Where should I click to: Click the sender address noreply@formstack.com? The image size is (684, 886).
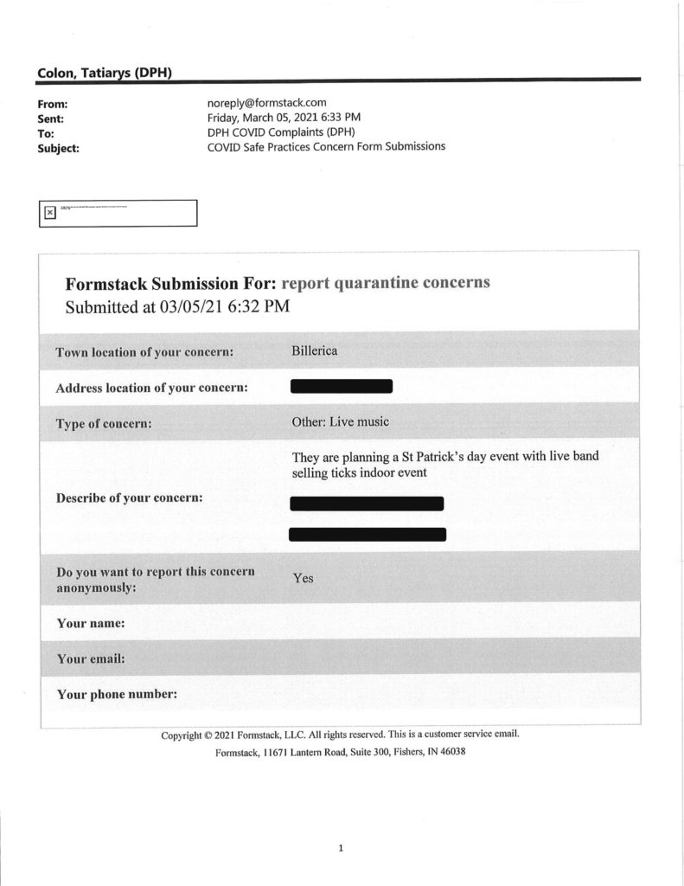(x=266, y=102)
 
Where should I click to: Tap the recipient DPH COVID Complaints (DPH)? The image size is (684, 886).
(x=281, y=132)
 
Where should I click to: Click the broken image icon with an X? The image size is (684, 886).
(x=50, y=212)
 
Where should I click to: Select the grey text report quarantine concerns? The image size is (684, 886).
(x=386, y=284)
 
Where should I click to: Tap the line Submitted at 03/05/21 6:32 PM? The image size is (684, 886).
(x=177, y=306)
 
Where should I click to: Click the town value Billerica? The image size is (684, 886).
(x=316, y=351)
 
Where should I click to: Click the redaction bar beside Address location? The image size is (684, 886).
(x=342, y=387)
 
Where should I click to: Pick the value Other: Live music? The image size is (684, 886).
(x=341, y=422)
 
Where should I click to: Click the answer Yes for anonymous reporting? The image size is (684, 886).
(x=303, y=578)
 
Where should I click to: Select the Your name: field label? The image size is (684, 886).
(x=91, y=623)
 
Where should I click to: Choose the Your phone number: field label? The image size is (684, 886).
(x=117, y=694)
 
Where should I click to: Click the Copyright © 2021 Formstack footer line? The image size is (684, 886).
(x=340, y=735)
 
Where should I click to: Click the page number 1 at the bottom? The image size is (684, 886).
(x=341, y=849)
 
